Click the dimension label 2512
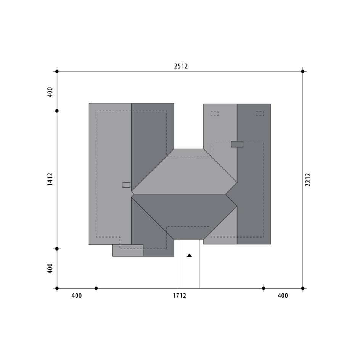pyautogui.click(x=181, y=66)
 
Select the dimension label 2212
pyautogui.click(x=308, y=180)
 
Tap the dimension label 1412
pyautogui.click(x=50, y=179)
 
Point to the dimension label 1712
pyautogui.click(x=180, y=296)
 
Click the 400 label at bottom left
pyautogui.click(x=77, y=296)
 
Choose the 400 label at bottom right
pyautogui.click(x=283, y=296)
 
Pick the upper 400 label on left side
pyautogui.click(x=50, y=92)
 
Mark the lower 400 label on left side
pyautogui.click(x=50, y=268)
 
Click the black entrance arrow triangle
pyautogui.click(x=190, y=255)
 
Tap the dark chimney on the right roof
pyautogui.click(x=237, y=144)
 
